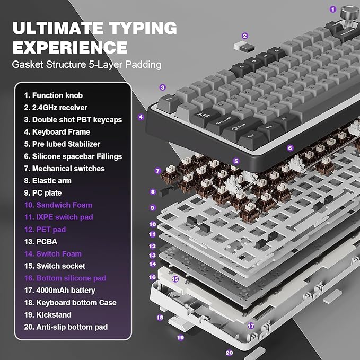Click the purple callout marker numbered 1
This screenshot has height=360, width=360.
point(333,9)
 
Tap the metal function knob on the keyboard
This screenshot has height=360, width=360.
point(349,12)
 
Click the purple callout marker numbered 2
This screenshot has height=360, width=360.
point(244,36)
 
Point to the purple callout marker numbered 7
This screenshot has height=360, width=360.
point(157,171)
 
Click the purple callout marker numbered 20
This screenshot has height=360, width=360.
point(230,352)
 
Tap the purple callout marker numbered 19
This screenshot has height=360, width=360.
point(180,337)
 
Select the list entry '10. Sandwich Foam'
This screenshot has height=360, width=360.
point(58,205)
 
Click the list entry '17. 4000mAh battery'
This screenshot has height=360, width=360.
point(59,291)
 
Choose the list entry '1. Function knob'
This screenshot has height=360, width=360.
point(53,95)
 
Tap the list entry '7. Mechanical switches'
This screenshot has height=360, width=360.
point(64,169)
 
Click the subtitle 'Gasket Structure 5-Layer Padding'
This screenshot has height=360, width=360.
point(87,65)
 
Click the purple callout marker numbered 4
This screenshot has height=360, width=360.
point(141,117)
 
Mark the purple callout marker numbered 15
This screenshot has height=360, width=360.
point(174,279)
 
